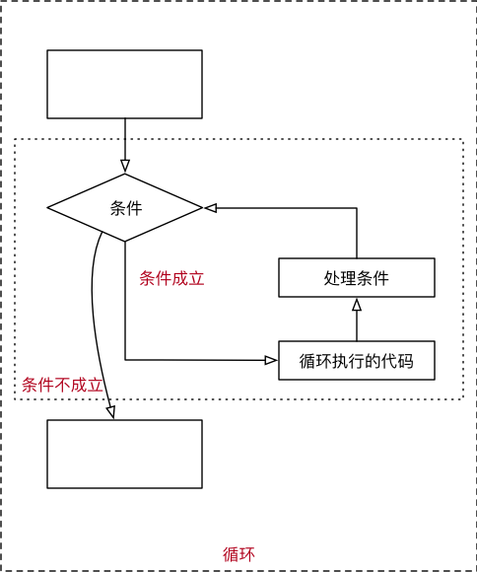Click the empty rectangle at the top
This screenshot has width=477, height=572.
click(x=124, y=84)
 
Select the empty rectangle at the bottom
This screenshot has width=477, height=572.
click(x=124, y=454)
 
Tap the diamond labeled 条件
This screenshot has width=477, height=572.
click(x=124, y=208)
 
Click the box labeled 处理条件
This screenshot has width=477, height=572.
click(x=356, y=277)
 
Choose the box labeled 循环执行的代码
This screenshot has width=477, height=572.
click(x=356, y=360)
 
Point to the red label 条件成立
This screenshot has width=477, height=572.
click(x=171, y=278)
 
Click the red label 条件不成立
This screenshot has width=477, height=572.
click(x=63, y=385)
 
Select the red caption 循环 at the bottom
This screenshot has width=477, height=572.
click(x=238, y=553)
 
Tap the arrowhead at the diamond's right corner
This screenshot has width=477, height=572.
click(x=210, y=208)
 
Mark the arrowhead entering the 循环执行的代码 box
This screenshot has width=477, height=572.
click(x=272, y=360)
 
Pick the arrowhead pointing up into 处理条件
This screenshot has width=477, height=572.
click(x=356, y=304)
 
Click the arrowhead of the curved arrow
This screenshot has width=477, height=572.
click(x=111, y=413)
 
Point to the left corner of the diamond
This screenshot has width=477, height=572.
click(x=48, y=208)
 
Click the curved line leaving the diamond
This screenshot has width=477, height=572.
click(x=93, y=296)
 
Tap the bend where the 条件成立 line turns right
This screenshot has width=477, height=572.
click(x=125, y=360)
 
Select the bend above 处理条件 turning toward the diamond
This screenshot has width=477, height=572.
click(x=356, y=208)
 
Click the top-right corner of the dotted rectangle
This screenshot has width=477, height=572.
click(x=462, y=139)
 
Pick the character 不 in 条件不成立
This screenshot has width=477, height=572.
click(x=63, y=385)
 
